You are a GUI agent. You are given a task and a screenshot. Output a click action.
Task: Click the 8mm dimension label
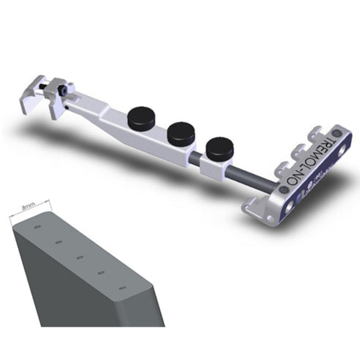(x=28, y=207)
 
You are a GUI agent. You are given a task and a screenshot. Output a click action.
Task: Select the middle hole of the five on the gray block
(x=80, y=257)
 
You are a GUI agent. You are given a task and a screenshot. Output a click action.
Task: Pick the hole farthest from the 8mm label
(x=122, y=288)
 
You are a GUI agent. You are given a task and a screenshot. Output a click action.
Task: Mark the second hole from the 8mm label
(x=59, y=242)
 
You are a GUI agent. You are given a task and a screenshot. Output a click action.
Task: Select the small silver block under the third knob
(x=214, y=165)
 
